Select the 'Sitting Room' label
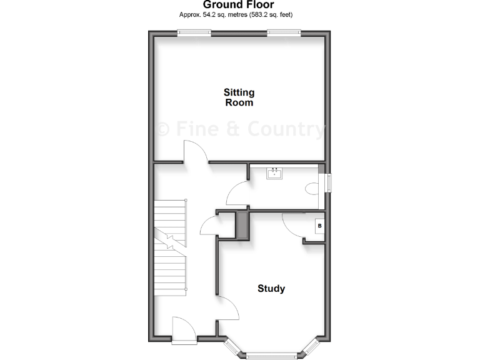(x=239, y=97)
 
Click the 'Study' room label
(x=271, y=289)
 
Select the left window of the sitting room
(x=193, y=33)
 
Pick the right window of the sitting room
(x=284, y=33)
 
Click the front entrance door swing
(x=184, y=329)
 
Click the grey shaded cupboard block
(x=242, y=225)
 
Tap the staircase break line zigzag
(x=170, y=238)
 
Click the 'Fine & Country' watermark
(x=241, y=129)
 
